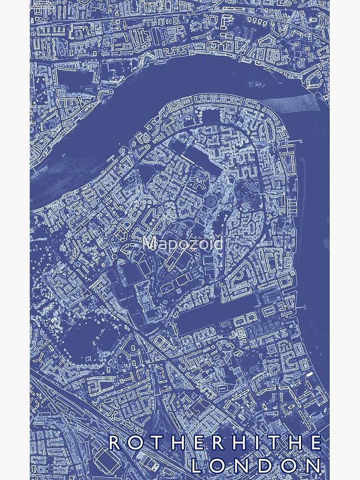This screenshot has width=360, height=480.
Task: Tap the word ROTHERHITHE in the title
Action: (215, 443)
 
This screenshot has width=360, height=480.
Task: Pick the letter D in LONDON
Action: (267, 465)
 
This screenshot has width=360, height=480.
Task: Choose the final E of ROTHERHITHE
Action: (316, 443)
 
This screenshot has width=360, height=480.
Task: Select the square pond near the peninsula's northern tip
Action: (210, 116)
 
